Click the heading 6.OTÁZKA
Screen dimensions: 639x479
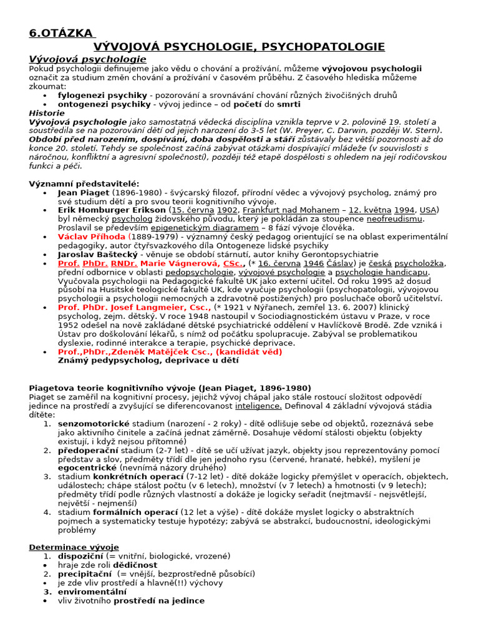[x=60, y=33]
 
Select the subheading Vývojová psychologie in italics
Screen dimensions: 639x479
[x=87, y=59]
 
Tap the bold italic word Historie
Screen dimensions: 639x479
[x=47, y=113]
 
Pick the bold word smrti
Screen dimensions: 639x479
[x=289, y=104]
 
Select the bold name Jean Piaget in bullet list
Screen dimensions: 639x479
[x=83, y=193]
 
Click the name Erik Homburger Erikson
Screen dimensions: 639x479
[x=112, y=210]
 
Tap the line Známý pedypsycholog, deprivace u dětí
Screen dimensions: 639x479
[x=148, y=360]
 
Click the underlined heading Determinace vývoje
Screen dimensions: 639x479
[x=74, y=547]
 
